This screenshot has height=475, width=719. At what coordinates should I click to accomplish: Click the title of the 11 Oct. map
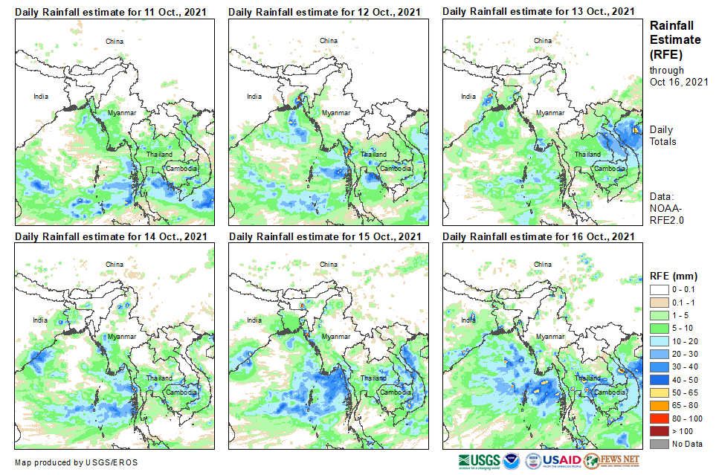111,11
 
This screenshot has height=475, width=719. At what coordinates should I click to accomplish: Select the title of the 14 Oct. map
111,236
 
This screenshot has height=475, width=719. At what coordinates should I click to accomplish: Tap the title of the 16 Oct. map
538,236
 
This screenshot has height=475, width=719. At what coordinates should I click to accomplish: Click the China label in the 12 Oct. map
328,40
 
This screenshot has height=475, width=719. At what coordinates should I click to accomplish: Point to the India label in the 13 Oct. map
468,96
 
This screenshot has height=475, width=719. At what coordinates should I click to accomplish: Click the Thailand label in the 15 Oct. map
373,378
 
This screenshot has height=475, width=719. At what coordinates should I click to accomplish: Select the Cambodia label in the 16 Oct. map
609,392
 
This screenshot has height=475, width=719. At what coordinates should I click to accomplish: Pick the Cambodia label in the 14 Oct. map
181,392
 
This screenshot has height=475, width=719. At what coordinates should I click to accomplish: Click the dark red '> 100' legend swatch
660,430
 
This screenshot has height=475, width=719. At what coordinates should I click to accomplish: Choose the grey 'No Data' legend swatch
660,444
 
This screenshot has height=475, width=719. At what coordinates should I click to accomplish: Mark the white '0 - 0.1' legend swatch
660,289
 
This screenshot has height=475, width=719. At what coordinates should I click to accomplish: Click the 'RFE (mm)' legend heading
674,274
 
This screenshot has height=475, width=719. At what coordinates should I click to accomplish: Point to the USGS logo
480,461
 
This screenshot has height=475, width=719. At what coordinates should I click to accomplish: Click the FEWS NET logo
612,461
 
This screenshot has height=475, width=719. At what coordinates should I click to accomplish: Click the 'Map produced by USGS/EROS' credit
75,462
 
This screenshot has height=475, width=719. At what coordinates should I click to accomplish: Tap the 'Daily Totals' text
663,135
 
